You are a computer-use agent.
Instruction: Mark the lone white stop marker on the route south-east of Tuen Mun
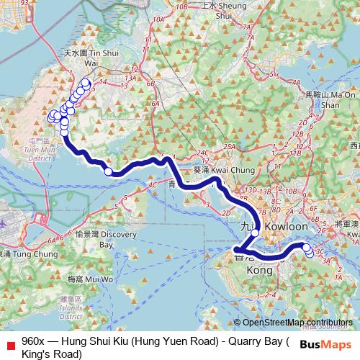(x=109, y=171)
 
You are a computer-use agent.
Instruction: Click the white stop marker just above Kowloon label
(x=254, y=212)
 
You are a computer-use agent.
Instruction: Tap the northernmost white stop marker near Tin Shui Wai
(x=86, y=84)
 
